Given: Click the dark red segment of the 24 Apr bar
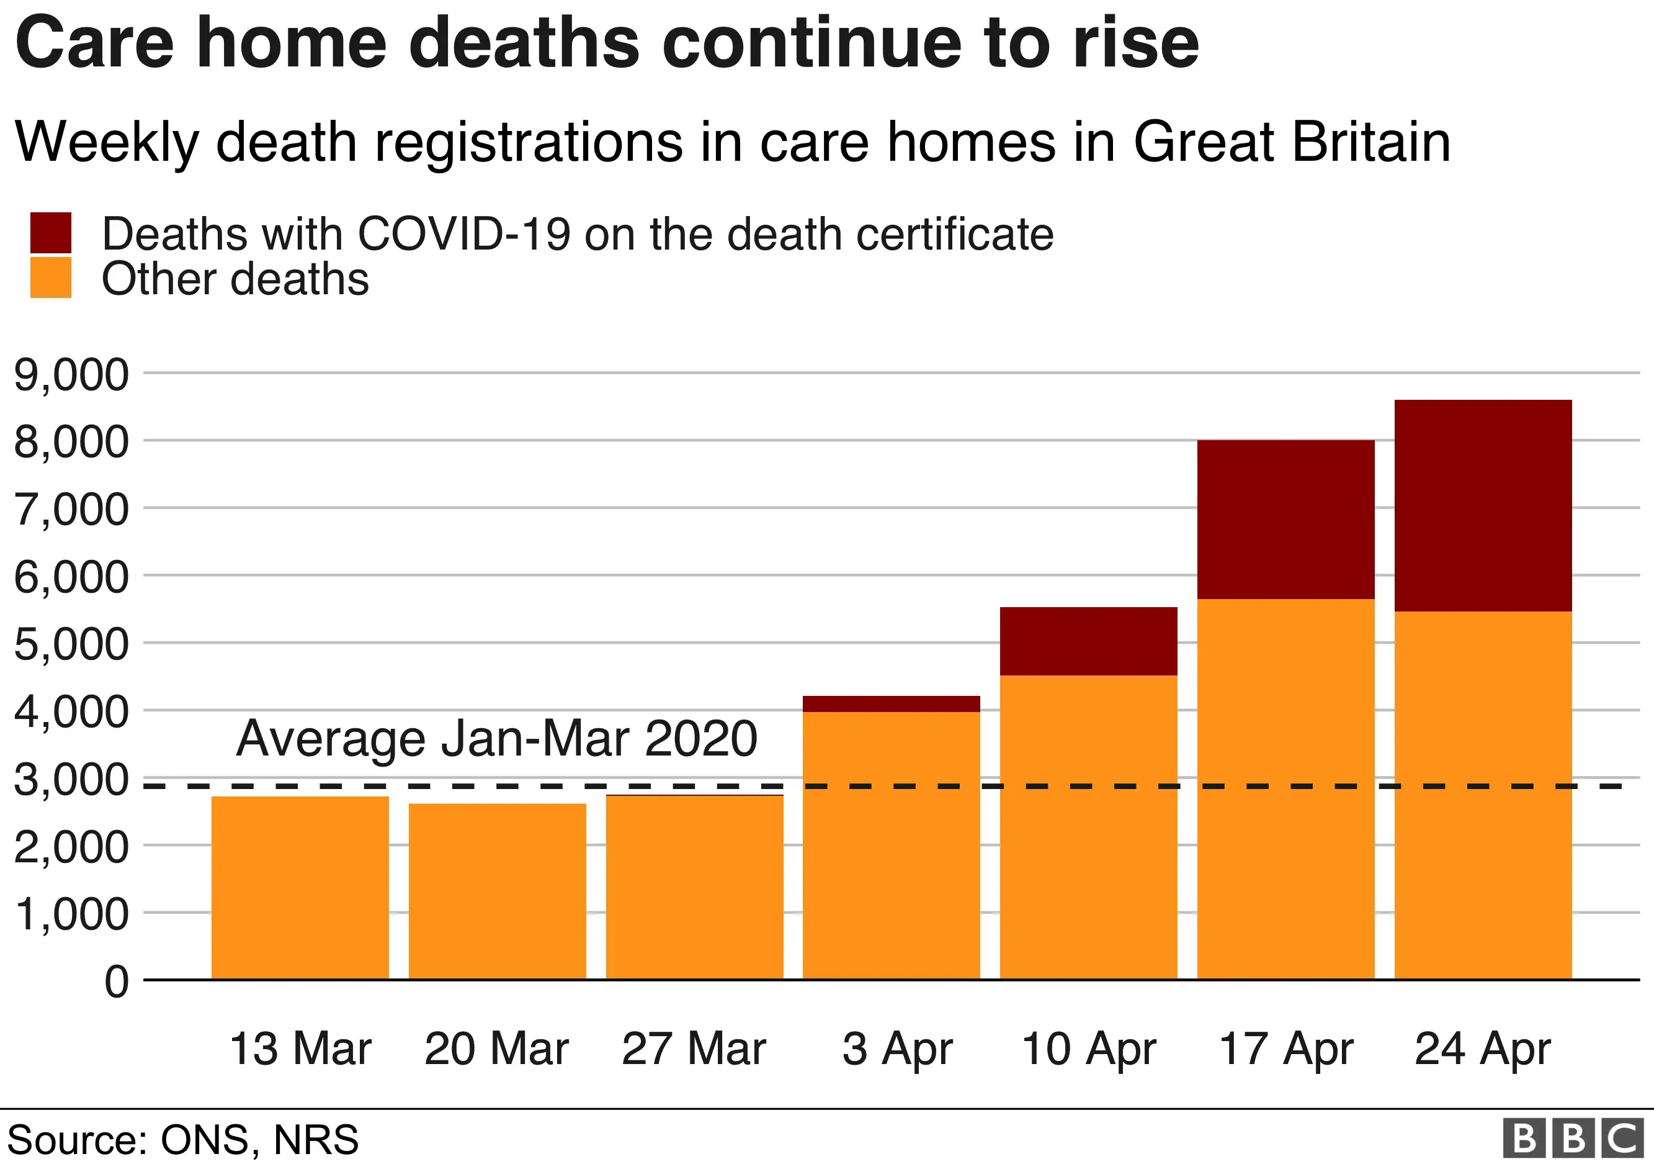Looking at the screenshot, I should click(x=1483, y=505).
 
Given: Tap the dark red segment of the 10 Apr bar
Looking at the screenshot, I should click(x=1088, y=641).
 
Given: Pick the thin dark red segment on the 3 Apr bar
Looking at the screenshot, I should click(x=891, y=703).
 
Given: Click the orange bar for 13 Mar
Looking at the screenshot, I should click(x=300, y=887).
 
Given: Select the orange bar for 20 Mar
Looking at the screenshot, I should click(x=497, y=891).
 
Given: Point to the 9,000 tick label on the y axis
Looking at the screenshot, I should click(x=71, y=375).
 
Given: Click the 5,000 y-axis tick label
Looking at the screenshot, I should click(x=71, y=644).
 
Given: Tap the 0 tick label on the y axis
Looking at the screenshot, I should click(x=117, y=981).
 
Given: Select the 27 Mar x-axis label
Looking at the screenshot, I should click(x=693, y=1049).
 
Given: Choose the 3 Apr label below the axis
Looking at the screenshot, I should click(x=897, y=1049).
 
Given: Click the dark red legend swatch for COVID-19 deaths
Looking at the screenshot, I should click(x=50, y=232).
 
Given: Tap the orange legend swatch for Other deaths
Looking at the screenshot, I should click(x=50, y=277).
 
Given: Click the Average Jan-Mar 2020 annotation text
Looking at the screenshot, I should click(x=496, y=738).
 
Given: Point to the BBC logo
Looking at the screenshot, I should click(x=1573, y=1139).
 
